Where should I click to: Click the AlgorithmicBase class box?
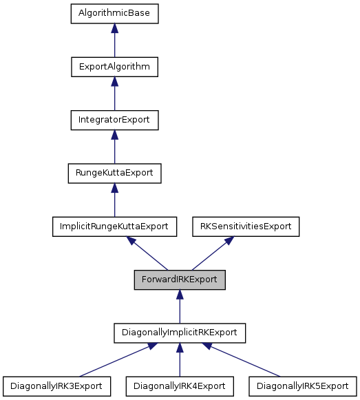point(114,13)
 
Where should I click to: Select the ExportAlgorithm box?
point(114,67)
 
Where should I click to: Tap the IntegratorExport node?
point(114,120)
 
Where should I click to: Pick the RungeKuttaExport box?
point(114,173)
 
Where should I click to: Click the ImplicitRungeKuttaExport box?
point(114,226)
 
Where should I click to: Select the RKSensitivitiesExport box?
point(245,226)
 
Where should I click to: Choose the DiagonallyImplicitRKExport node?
point(179,332)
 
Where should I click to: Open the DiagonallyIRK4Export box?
point(179,385)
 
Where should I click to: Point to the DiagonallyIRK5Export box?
point(303,385)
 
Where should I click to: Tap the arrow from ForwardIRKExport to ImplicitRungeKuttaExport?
point(147,253)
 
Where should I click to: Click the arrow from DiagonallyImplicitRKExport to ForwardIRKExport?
point(179,306)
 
